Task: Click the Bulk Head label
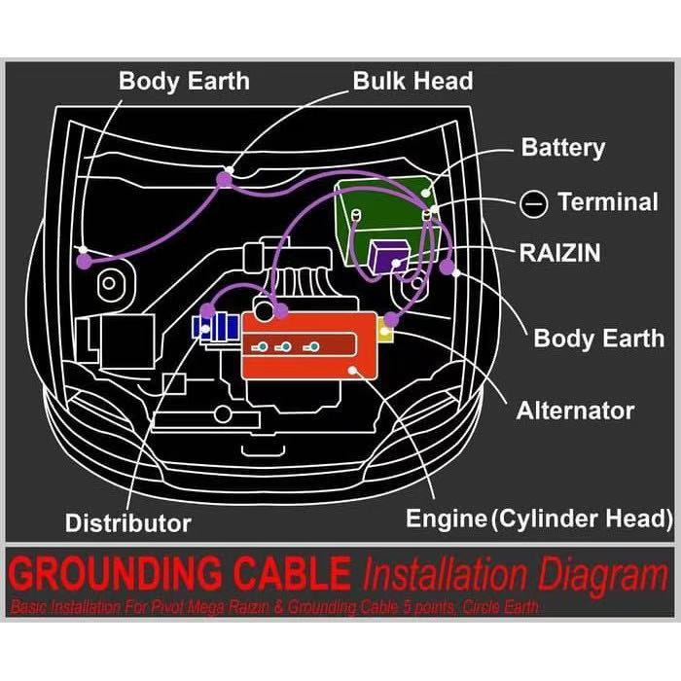(x=412, y=80)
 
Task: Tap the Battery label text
(x=563, y=148)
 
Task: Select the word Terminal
(x=608, y=202)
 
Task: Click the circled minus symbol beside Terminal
(x=532, y=203)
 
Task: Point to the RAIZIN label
(x=559, y=254)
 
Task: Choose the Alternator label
(x=575, y=411)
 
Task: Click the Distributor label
(x=128, y=522)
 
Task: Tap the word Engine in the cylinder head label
(x=446, y=518)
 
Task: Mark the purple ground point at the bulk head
(x=225, y=178)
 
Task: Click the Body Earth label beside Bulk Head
(x=184, y=80)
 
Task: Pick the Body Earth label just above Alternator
(x=599, y=339)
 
